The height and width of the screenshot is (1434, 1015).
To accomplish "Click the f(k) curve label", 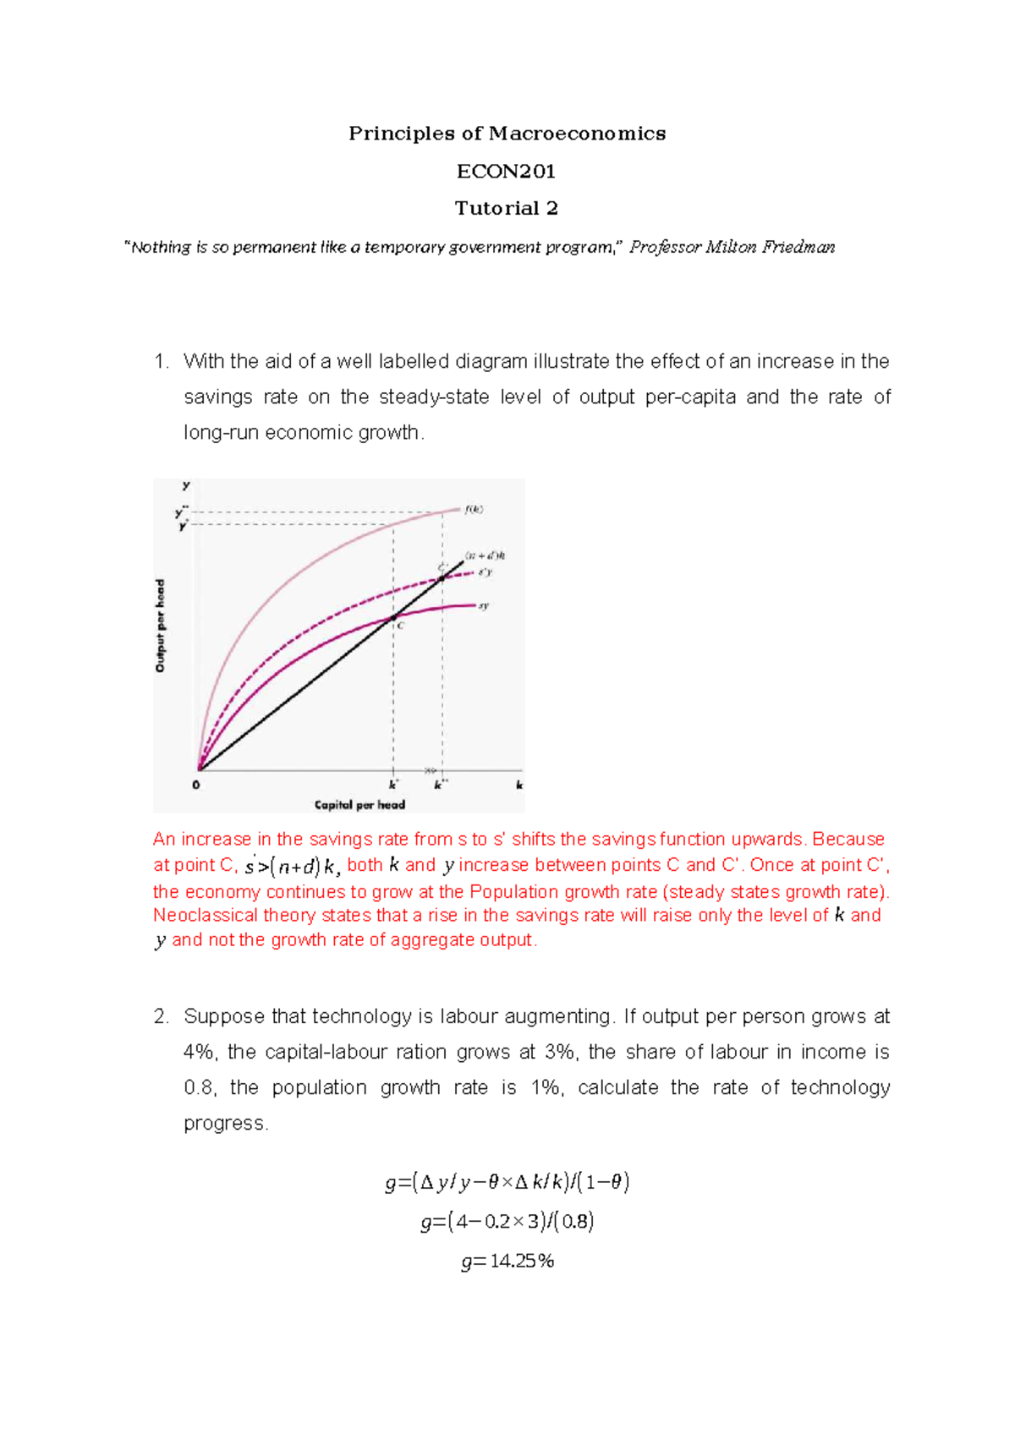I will click(x=474, y=509).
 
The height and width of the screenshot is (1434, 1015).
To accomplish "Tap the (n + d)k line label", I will click(x=486, y=556).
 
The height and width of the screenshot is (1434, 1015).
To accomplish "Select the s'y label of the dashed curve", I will click(x=485, y=572).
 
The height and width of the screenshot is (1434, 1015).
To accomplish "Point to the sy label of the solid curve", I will click(x=484, y=605).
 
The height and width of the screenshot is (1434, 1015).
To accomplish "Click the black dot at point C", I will click(x=393, y=618).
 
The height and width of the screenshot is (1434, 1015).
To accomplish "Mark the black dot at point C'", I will click(x=442, y=578).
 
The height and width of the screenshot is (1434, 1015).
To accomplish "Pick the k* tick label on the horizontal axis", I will click(x=393, y=785).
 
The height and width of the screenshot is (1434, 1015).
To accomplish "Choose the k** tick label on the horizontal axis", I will click(x=441, y=785).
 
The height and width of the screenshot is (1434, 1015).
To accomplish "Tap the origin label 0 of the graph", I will click(x=196, y=785).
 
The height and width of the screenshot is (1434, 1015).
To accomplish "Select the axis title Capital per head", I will click(x=359, y=805).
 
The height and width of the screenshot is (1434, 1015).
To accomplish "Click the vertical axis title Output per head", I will click(x=161, y=626).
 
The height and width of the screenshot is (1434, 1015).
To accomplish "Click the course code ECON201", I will click(x=507, y=172).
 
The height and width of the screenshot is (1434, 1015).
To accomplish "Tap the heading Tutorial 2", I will click(x=507, y=208).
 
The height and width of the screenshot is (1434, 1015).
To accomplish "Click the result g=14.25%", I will click(x=507, y=1262).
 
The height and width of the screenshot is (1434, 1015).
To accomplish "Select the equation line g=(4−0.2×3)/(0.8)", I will click(x=507, y=1221).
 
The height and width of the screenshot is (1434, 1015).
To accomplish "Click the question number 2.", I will click(x=161, y=1016).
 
